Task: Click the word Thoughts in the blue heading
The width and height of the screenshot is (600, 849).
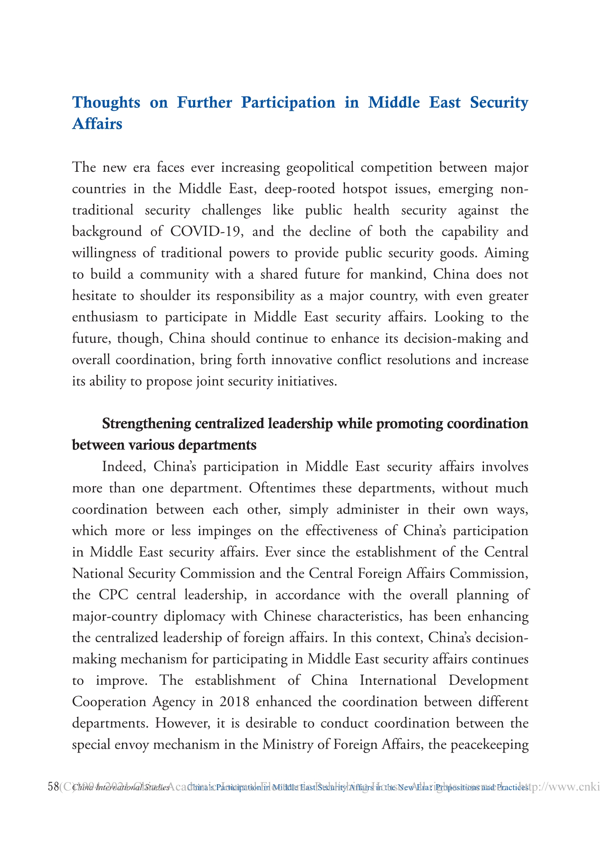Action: [106, 103]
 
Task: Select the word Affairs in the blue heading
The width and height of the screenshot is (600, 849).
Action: [97, 124]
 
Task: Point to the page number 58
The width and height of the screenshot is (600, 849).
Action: [53, 787]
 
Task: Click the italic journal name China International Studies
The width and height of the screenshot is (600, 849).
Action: [121, 788]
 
